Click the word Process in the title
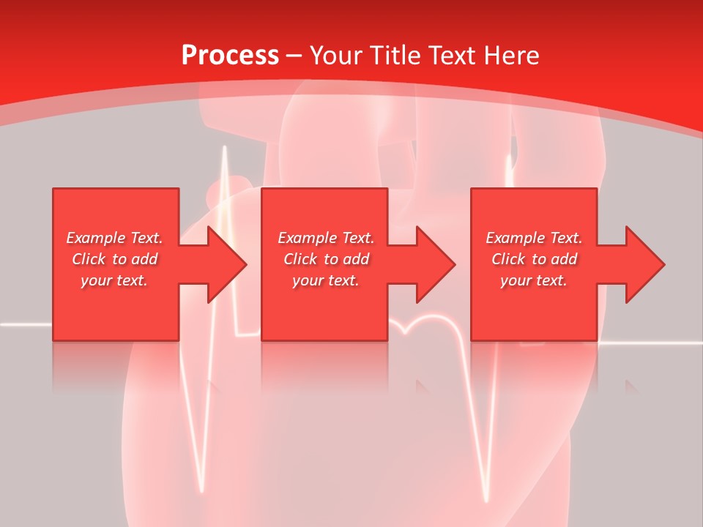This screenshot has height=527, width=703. [x=230, y=56]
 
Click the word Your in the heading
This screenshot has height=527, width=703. [x=337, y=56]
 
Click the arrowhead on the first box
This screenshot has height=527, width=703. [x=227, y=264]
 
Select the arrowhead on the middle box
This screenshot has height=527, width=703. [x=436, y=264]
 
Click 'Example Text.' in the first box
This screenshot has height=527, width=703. [x=114, y=238]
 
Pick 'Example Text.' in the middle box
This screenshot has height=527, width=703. [x=326, y=238]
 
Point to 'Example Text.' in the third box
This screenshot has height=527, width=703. [x=534, y=238]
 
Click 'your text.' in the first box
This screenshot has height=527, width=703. [x=114, y=280]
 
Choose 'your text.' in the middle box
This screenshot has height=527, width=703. [x=326, y=280]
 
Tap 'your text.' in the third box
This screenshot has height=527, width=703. [x=534, y=280]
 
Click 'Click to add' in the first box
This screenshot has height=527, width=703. [x=114, y=259]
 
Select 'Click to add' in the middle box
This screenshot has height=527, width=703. [x=326, y=259]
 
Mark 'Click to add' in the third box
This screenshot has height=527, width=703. [x=534, y=259]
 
